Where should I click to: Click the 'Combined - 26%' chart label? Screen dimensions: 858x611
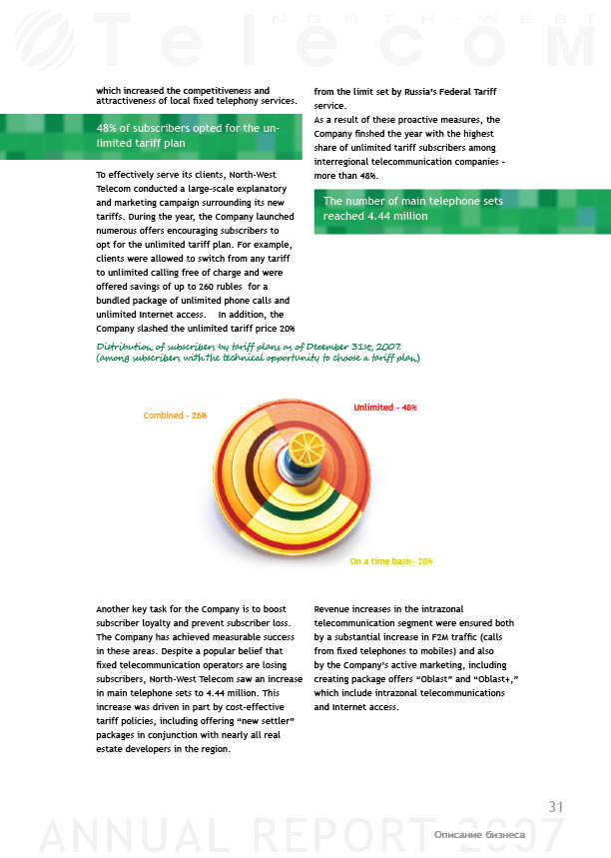175,415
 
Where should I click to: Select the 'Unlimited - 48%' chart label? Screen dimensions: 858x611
385,408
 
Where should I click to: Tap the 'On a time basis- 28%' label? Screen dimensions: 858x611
390,561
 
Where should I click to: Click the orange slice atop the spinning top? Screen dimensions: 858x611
304,445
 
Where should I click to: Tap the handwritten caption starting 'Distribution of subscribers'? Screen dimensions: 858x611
258,352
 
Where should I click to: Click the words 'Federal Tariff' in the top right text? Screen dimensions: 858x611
467,93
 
